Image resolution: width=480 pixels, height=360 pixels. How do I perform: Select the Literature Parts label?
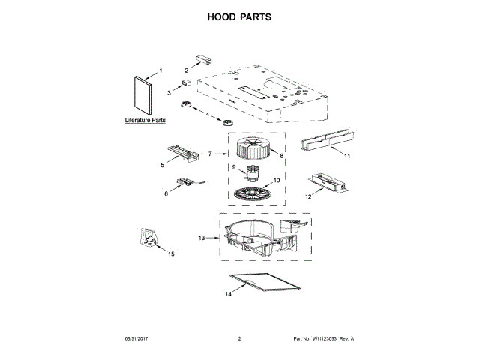145,120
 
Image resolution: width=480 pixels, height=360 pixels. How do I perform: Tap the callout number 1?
159,73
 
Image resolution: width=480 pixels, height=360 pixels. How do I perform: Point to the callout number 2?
187,69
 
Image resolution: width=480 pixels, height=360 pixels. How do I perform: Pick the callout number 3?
170,91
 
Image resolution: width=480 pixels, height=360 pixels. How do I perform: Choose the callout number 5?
162,165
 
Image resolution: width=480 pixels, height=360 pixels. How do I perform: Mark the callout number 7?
209,154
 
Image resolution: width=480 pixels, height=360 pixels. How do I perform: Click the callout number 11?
347,157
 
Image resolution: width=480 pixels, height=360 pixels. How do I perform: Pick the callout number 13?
202,238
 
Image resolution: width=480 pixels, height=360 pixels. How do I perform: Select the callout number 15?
171,254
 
